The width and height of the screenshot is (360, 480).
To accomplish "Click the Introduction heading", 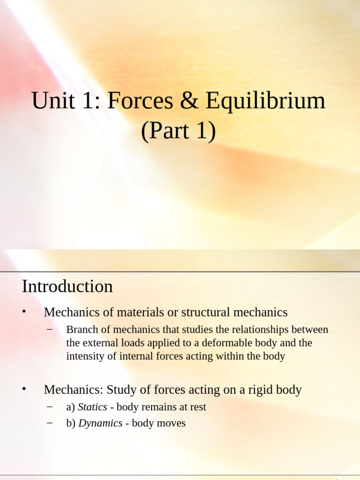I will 67,286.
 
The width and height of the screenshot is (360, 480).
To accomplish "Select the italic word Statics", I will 92,407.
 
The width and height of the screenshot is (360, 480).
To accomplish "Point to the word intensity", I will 85,356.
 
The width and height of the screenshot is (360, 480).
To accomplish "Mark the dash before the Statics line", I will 51,406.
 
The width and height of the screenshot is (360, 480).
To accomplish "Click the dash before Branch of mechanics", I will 51,329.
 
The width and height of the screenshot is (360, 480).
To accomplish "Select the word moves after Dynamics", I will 171,423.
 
